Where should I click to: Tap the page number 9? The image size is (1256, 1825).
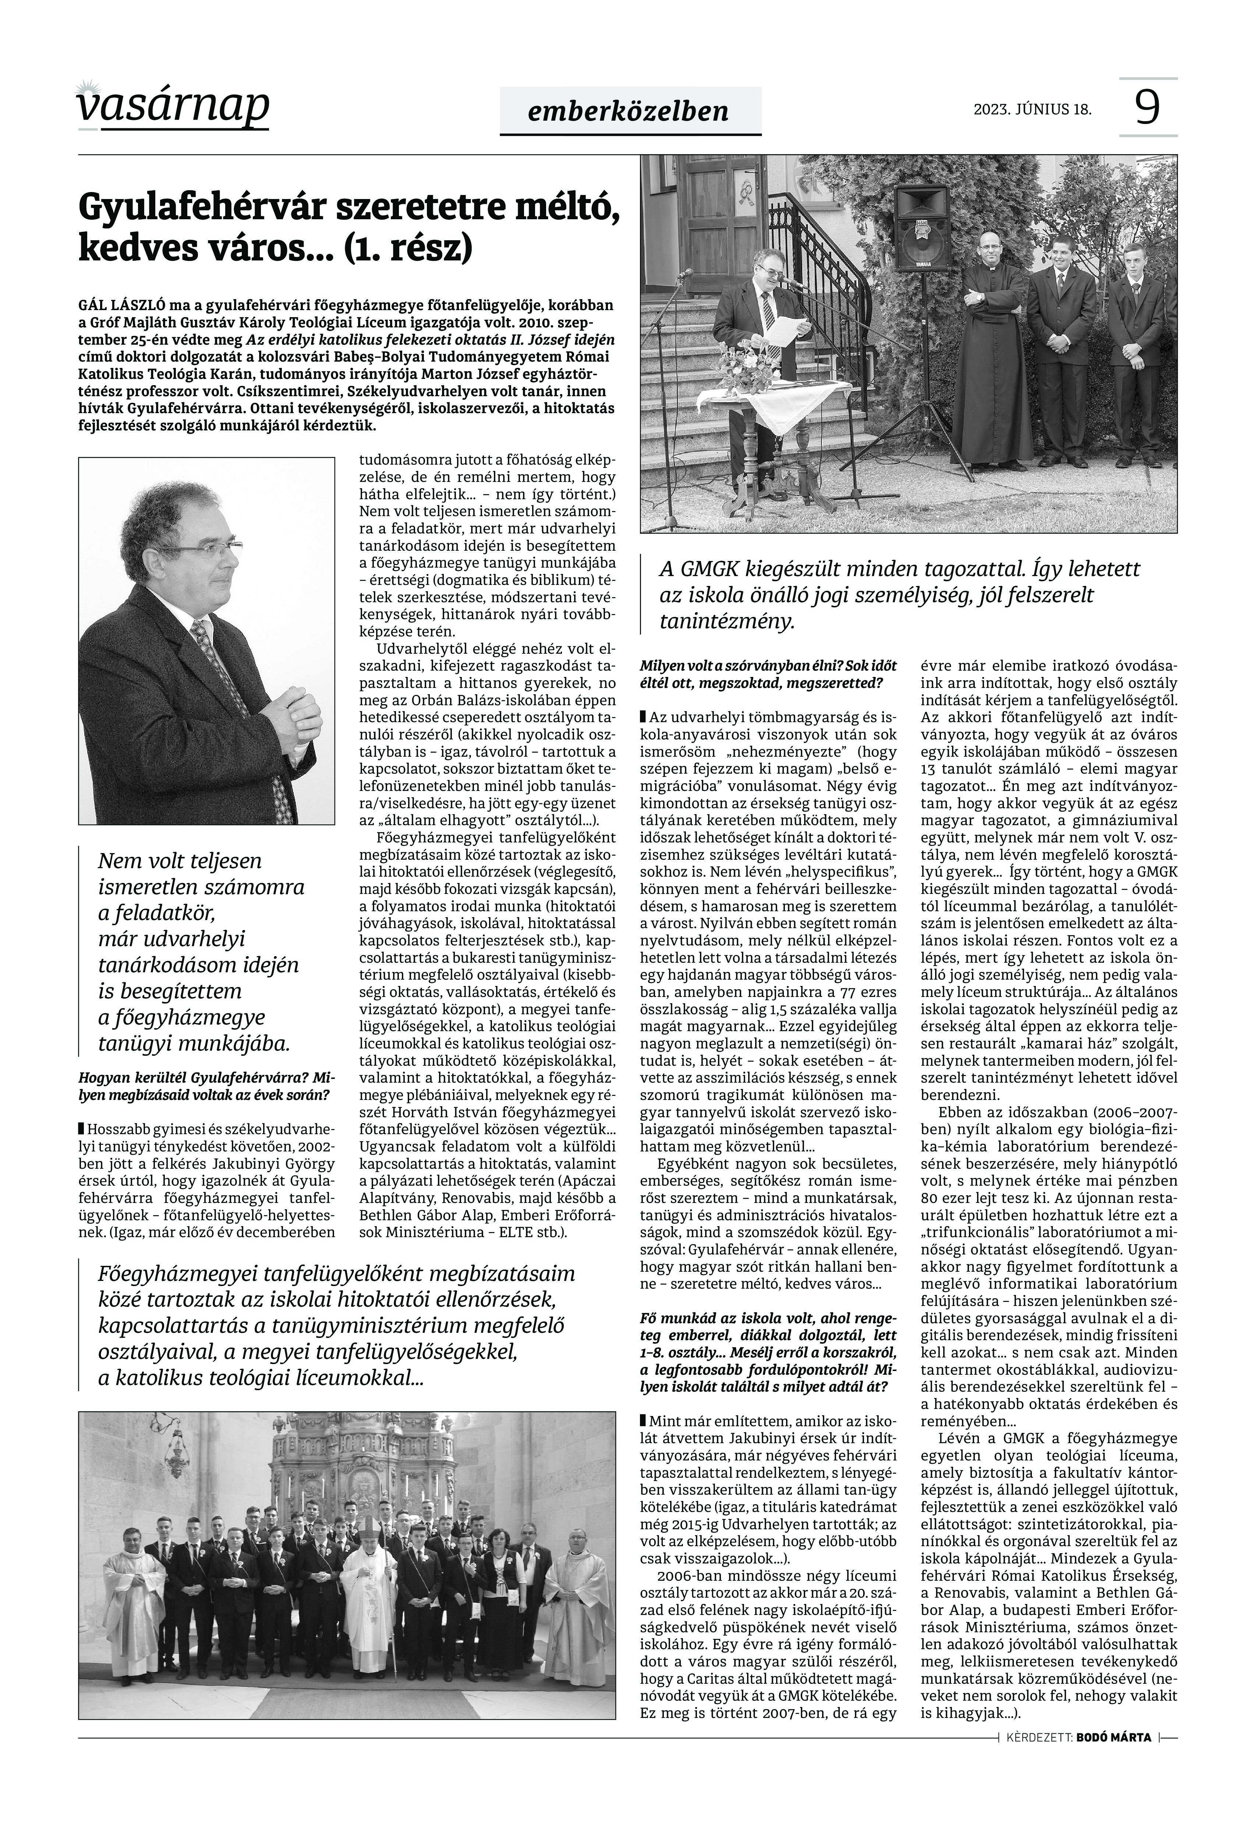click(1147, 107)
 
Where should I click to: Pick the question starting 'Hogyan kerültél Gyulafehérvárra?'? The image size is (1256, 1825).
click(205, 1086)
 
